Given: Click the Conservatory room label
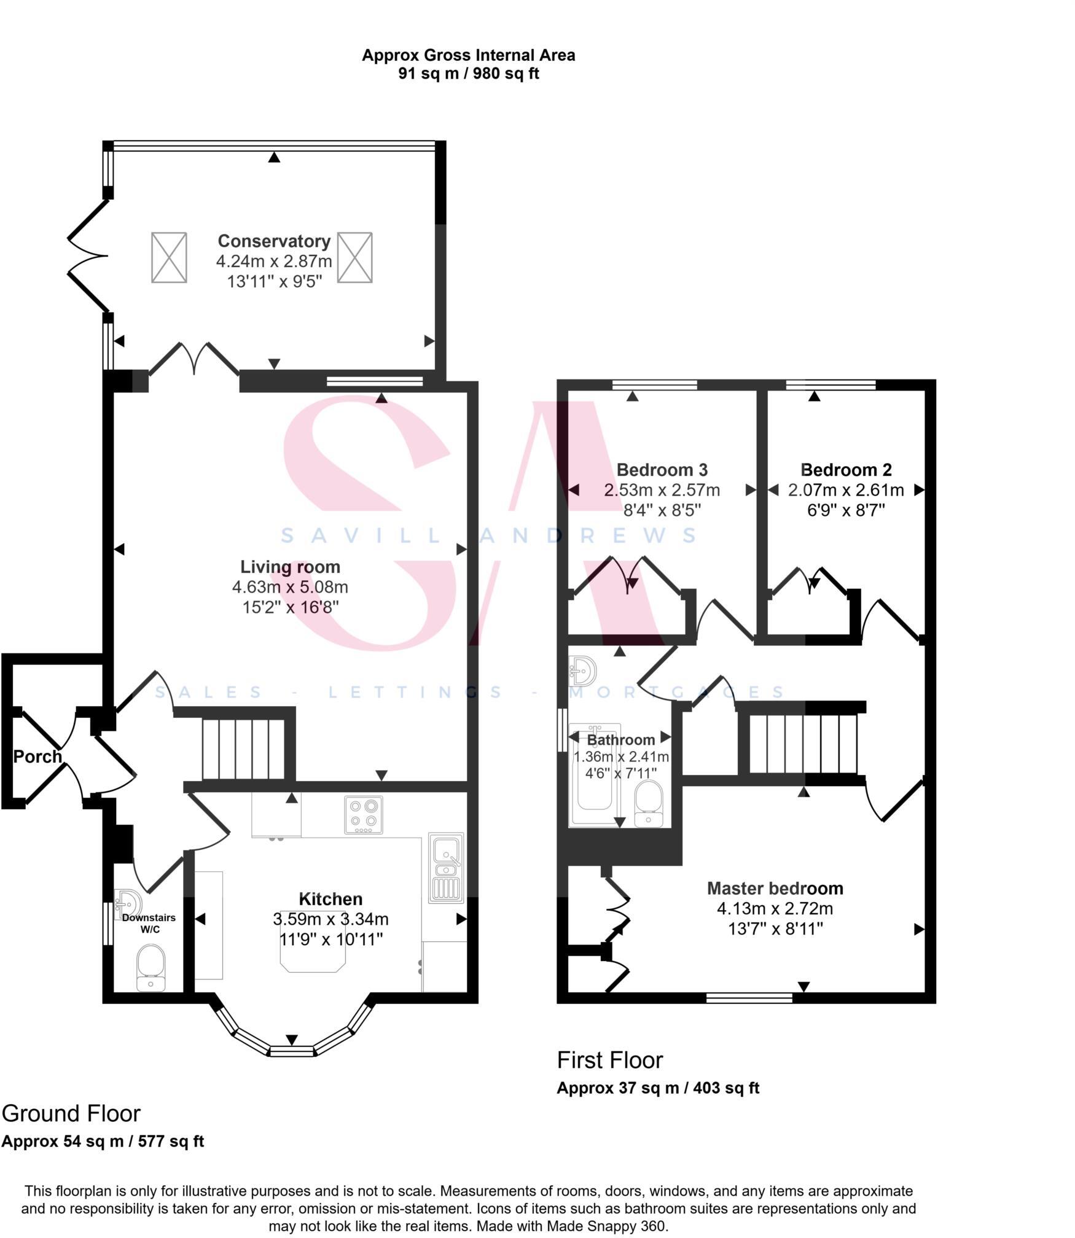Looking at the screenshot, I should [274, 241].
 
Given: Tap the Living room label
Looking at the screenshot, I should [290, 567].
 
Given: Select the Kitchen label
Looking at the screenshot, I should [330, 899].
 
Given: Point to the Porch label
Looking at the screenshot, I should [37, 757].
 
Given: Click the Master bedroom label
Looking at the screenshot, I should [775, 889].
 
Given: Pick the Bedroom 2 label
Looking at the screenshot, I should [846, 470].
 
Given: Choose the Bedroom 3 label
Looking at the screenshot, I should [662, 470].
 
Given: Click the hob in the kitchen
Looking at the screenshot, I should [364, 815].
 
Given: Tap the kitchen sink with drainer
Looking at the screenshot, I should [447, 868].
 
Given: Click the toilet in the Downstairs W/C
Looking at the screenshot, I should [151, 967].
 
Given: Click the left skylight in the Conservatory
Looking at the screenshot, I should [169, 257].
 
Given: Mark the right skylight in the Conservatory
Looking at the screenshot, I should [355, 257].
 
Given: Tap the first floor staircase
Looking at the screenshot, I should [802, 744].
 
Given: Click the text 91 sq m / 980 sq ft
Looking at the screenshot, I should [468, 74].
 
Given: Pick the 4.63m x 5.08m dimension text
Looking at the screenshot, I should [290, 587].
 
